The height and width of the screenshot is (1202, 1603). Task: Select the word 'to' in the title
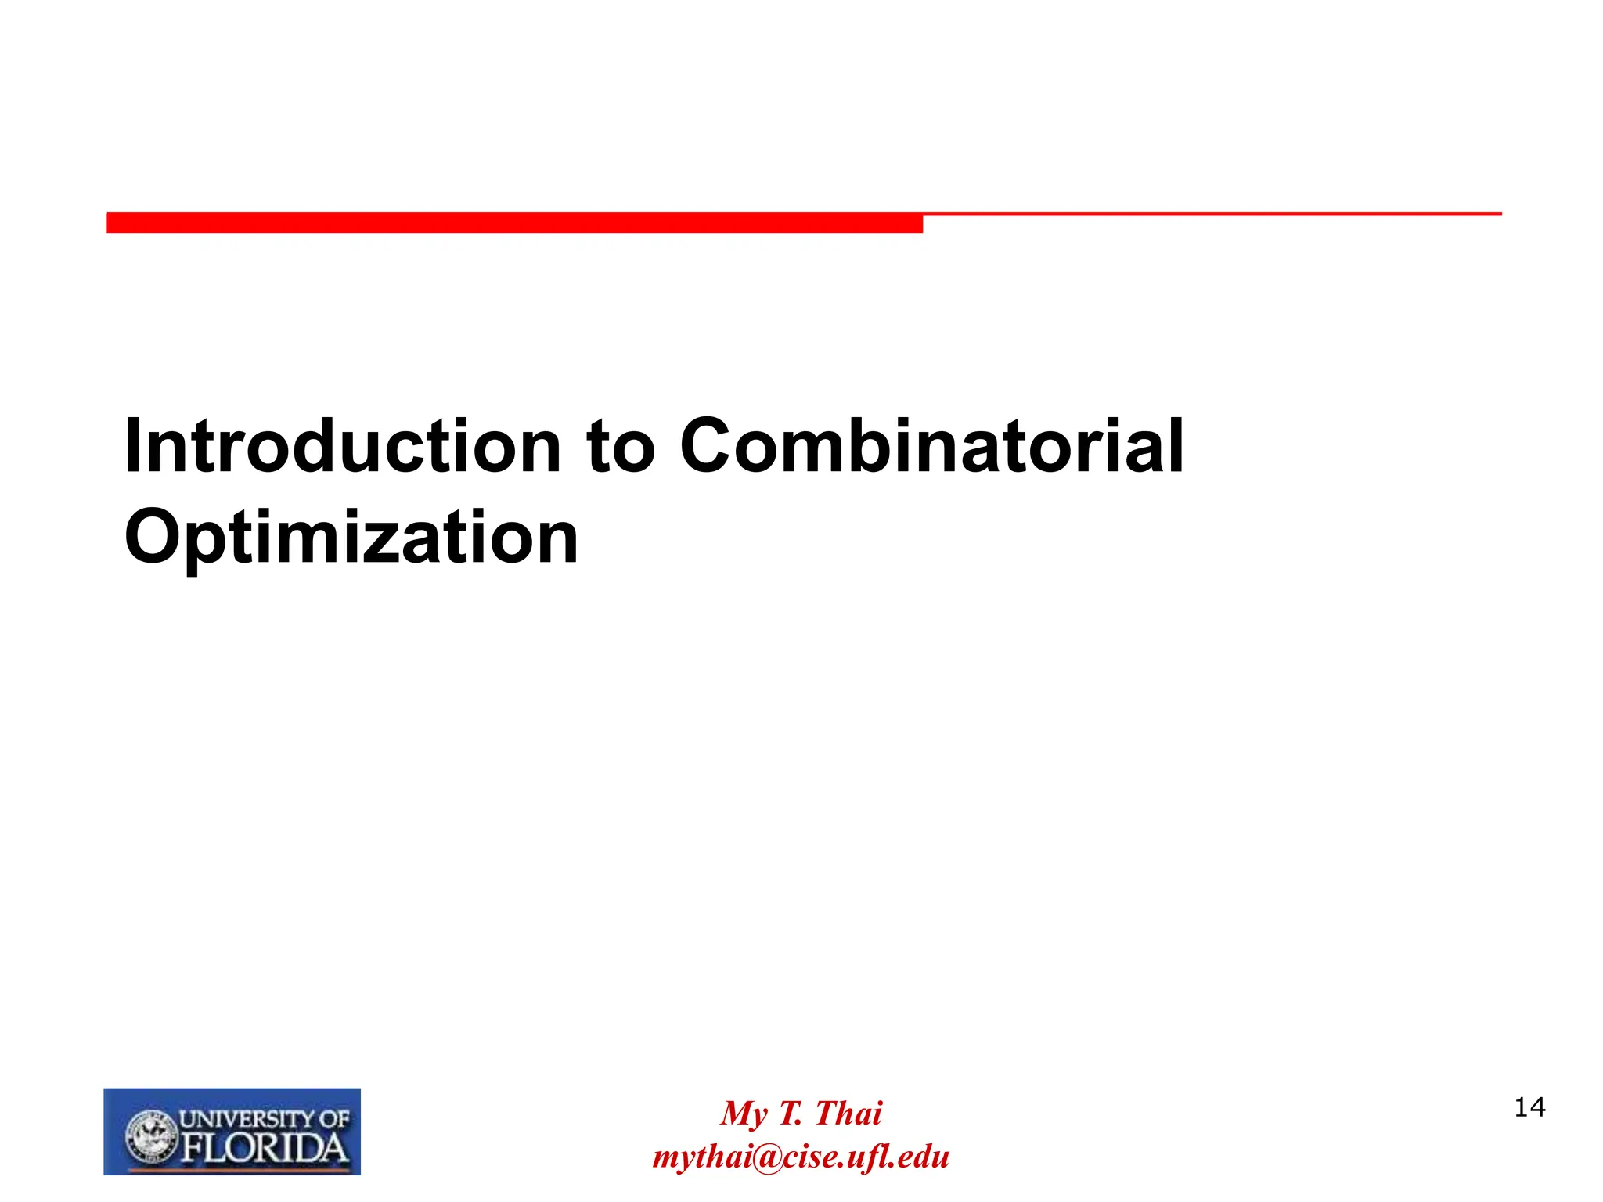pos(620,448)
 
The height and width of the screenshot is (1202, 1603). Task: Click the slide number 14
pos(1529,1108)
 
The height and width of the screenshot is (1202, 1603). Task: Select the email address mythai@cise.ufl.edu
pos(801,1157)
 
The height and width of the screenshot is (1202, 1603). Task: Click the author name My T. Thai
pos(801,1114)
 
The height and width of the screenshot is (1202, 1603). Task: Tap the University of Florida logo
pos(232,1132)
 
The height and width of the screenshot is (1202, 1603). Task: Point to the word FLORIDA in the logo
pos(265,1149)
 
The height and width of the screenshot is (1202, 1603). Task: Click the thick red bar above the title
pos(514,222)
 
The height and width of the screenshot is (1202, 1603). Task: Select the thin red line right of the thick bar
pos(1212,214)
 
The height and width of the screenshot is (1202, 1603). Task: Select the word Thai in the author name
pos(848,1114)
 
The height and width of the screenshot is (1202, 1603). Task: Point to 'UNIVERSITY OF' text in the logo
pos(265,1119)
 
